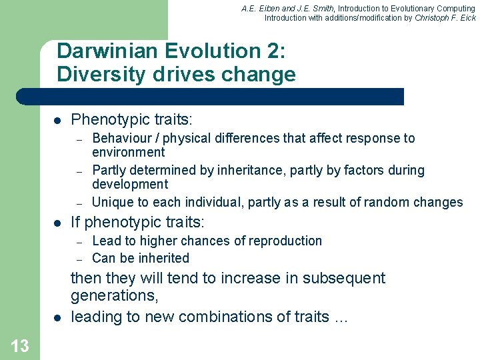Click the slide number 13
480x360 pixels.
click(x=20, y=346)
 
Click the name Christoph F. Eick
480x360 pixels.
click(x=445, y=18)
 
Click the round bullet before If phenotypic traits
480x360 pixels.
click(x=58, y=223)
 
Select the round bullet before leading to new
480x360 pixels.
click(x=58, y=317)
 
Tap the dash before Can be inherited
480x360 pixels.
click(x=79, y=259)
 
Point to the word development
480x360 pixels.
click(x=130, y=184)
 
